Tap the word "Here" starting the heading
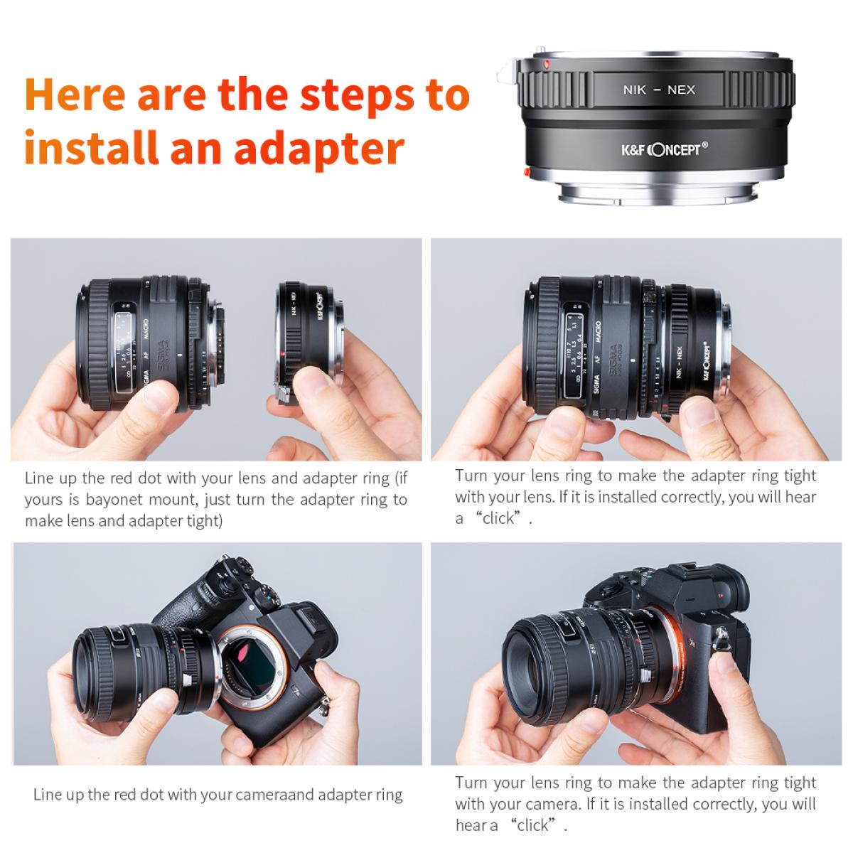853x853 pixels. click(75, 95)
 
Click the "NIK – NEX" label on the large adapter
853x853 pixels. click(658, 90)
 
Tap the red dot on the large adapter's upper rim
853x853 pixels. click(545, 65)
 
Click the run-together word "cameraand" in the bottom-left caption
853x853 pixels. click(277, 794)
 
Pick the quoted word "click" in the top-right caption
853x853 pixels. click(498, 518)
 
